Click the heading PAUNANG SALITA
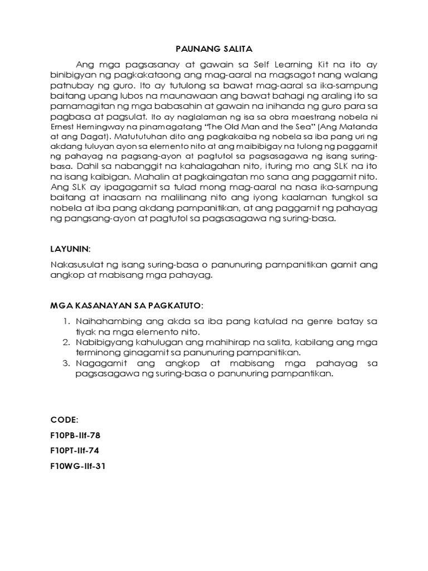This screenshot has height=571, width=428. pyautogui.click(x=214, y=49)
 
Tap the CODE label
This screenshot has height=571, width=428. pyautogui.click(x=65, y=419)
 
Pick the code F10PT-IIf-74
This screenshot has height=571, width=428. pyautogui.click(x=75, y=451)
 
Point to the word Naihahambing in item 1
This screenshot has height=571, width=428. pyautogui.click(x=105, y=322)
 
